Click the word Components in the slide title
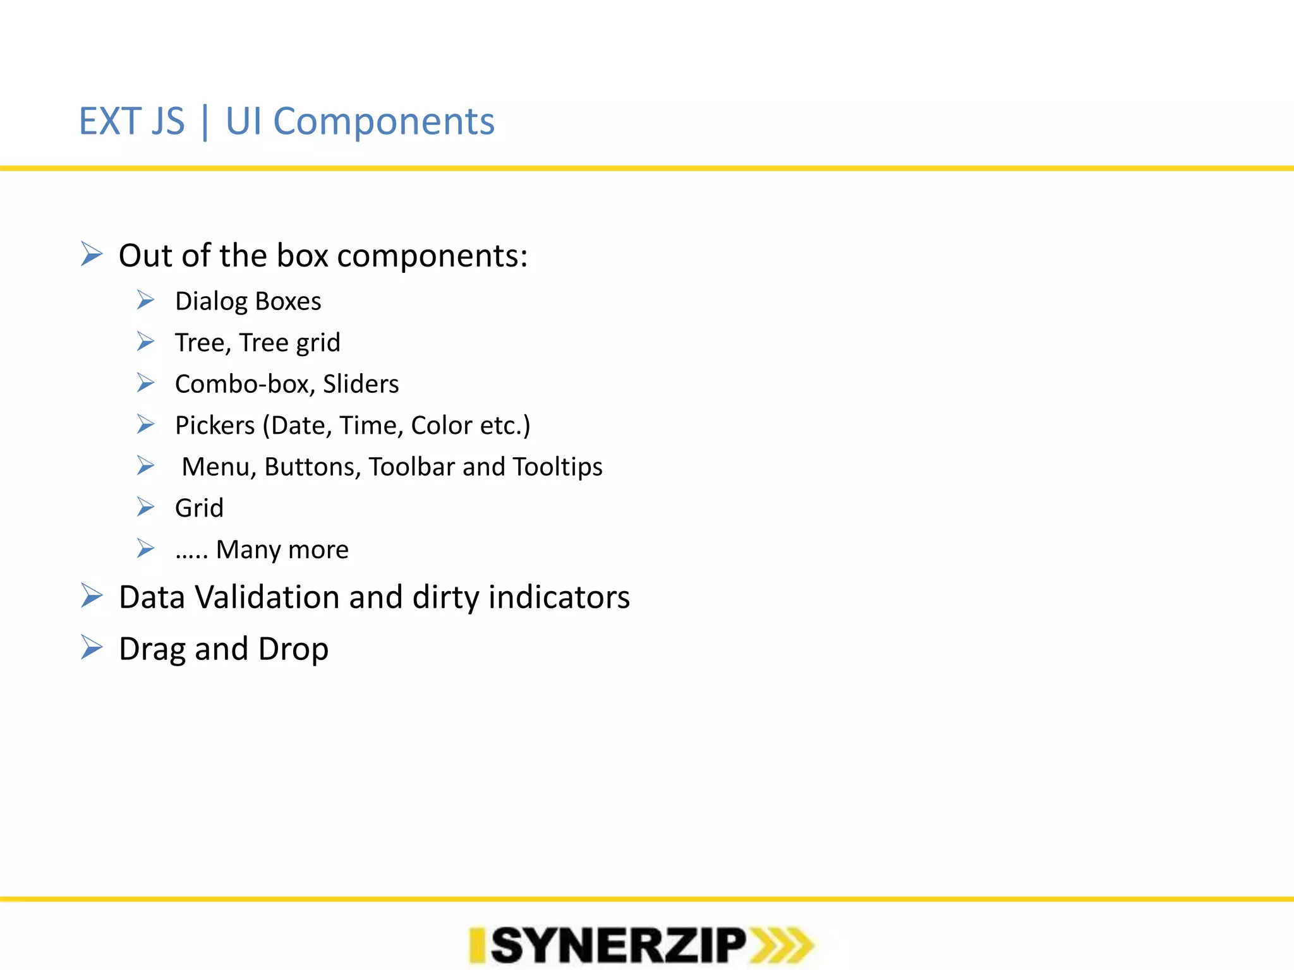[x=384, y=121]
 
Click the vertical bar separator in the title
[x=205, y=121]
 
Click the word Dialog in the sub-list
[x=210, y=302]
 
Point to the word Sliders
[x=361, y=384]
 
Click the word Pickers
[x=215, y=426]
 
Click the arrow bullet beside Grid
[x=146, y=507]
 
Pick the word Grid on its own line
[x=199, y=508]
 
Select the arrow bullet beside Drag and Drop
[x=92, y=647]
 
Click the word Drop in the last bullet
[x=293, y=649]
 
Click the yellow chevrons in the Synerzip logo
[x=781, y=945]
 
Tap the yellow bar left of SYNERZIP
[x=477, y=945]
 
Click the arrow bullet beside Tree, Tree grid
[x=146, y=342]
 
